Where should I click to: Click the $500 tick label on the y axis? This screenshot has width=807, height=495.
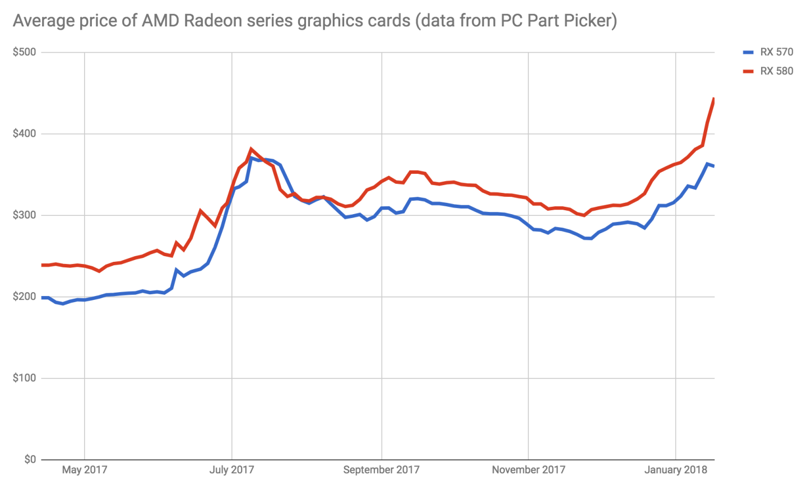pos(24,52)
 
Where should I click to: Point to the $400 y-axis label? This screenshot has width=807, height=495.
pos(24,133)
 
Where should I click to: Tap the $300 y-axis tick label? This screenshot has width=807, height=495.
pos(24,215)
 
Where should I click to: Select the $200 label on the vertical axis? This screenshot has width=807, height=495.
pos(24,297)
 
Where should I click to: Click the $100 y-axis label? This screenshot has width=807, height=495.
pos(24,378)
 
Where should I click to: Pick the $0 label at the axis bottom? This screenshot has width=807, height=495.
pos(30,459)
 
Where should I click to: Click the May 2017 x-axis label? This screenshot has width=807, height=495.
pos(84,470)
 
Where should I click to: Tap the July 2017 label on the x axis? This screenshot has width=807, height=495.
pos(231,470)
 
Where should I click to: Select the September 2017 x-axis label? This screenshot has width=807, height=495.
pos(381,470)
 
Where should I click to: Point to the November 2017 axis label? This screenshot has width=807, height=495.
pos(528,470)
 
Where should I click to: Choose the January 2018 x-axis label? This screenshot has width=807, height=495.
pos(675,470)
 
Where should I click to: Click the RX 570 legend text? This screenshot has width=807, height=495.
pos(776,52)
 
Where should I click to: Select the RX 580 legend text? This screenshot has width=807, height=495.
pos(776,71)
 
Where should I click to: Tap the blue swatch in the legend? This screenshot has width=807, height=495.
pos(748,52)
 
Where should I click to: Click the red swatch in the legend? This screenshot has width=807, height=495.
pos(748,71)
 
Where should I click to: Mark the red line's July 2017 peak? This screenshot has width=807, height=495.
pos(251,149)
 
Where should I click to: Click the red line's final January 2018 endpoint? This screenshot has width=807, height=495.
pos(713,99)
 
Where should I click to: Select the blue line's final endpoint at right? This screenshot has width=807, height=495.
pos(713,166)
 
